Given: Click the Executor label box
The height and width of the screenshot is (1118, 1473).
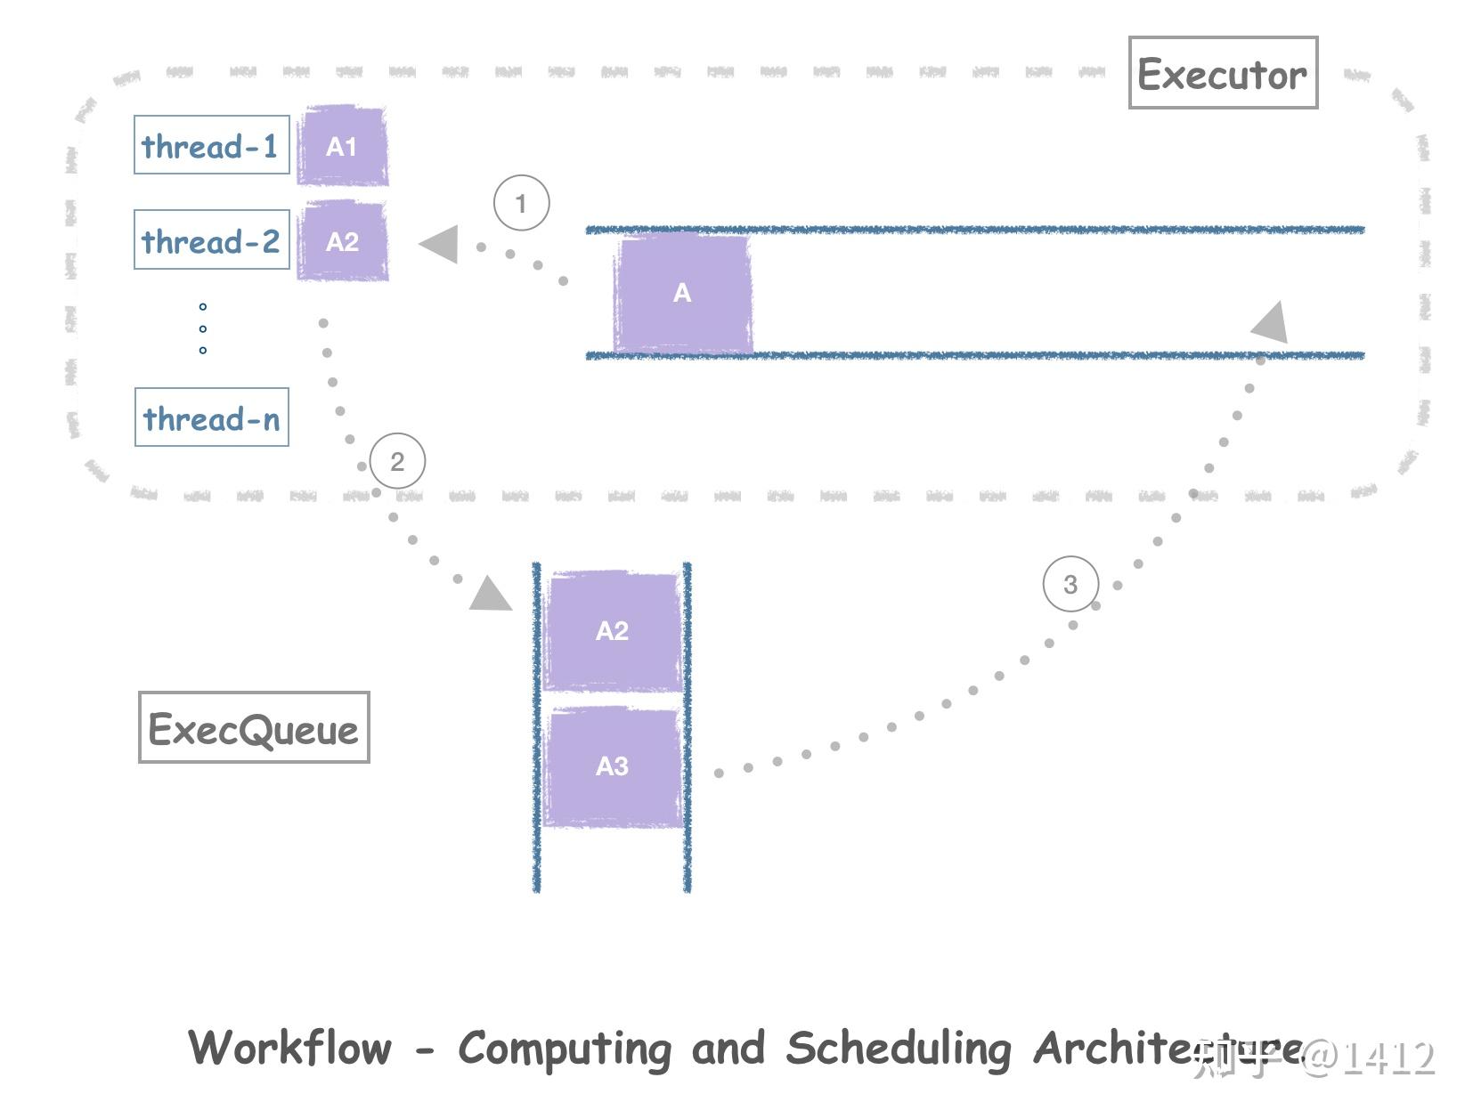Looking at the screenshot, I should (1222, 73).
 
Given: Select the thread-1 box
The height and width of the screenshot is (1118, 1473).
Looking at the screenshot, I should (211, 145).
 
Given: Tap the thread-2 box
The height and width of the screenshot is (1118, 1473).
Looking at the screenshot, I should (211, 239).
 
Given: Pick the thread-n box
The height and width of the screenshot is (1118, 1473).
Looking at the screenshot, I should (211, 417).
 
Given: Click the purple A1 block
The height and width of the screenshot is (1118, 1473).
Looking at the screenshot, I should (342, 146).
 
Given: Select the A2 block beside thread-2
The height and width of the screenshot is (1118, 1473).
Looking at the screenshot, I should (342, 241).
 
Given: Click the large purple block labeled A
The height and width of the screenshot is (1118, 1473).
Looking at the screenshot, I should (682, 293).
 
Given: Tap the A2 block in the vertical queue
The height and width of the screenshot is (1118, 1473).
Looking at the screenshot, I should (612, 631).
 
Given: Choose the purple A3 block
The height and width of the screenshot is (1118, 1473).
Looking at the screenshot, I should (612, 766).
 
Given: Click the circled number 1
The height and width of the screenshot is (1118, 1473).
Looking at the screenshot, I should (521, 204).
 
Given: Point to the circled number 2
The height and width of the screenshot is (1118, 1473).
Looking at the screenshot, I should (397, 461).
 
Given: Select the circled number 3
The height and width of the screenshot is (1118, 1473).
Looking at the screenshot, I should (1070, 584).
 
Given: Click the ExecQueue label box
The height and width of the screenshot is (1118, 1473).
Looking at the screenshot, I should (254, 728).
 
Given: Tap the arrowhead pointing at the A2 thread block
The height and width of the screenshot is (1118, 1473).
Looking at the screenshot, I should (440, 244).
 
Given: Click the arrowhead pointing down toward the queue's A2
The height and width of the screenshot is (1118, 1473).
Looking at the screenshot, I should (490, 595).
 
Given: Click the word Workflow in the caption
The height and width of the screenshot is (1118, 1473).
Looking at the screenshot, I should (289, 1048).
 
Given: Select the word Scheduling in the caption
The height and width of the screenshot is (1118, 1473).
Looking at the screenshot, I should (898, 1048).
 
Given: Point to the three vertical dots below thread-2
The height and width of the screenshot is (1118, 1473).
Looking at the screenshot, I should (203, 328).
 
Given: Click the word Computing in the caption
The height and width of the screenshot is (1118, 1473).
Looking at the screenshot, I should (565, 1048).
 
